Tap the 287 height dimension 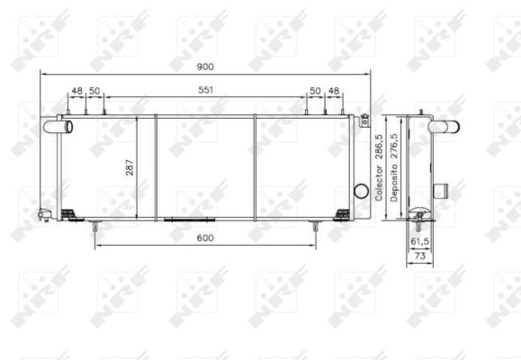pos(130,167)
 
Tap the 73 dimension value pos(420,256)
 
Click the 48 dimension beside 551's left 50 pos(76,91)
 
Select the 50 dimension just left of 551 pos(94,91)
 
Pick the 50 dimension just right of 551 pos(315,91)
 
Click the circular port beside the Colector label pos(361,191)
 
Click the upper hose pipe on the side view pos(445,129)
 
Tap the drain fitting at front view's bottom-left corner pos(44,214)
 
